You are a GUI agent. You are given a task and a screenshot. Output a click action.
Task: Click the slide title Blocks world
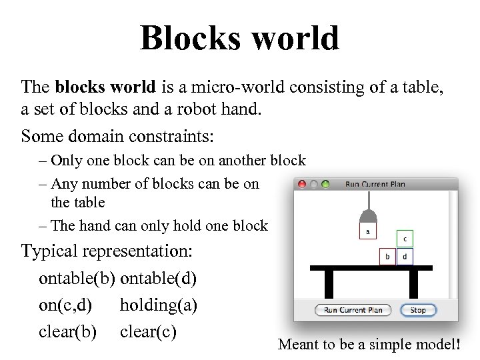(x=239, y=38)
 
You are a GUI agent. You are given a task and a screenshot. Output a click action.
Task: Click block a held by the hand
(x=367, y=231)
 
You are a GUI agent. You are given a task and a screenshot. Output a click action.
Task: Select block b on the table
(x=387, y=256)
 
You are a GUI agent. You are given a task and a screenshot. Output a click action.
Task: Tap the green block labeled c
(x=405, y=239)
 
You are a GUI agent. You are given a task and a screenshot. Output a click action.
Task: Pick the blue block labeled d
(x=405, y=256)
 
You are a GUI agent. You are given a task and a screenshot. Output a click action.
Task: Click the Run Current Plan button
(x=353, y=310)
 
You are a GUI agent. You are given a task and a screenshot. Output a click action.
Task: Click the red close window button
(x=302, y=184)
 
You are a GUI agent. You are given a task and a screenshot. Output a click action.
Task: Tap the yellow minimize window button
(x=313, y=184)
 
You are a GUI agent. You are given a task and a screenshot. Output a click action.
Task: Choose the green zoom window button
(x=325, y=184)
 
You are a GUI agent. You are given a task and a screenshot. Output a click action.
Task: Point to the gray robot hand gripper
(x=368, y=216)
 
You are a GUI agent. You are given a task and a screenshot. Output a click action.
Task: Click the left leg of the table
(x=329, y=283)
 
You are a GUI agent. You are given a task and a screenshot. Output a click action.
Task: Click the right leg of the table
(x=413, y=283)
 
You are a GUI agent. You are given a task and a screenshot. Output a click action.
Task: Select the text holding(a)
(x=158, y=305)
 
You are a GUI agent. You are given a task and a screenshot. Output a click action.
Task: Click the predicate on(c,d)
(x=65, y=305)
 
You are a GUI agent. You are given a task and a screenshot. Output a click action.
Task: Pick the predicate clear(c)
(x=148, y=331)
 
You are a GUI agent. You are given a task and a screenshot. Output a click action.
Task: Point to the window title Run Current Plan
(x=375, y=185)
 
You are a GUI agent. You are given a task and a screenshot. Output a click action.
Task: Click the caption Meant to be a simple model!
(x=369, y=345)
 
